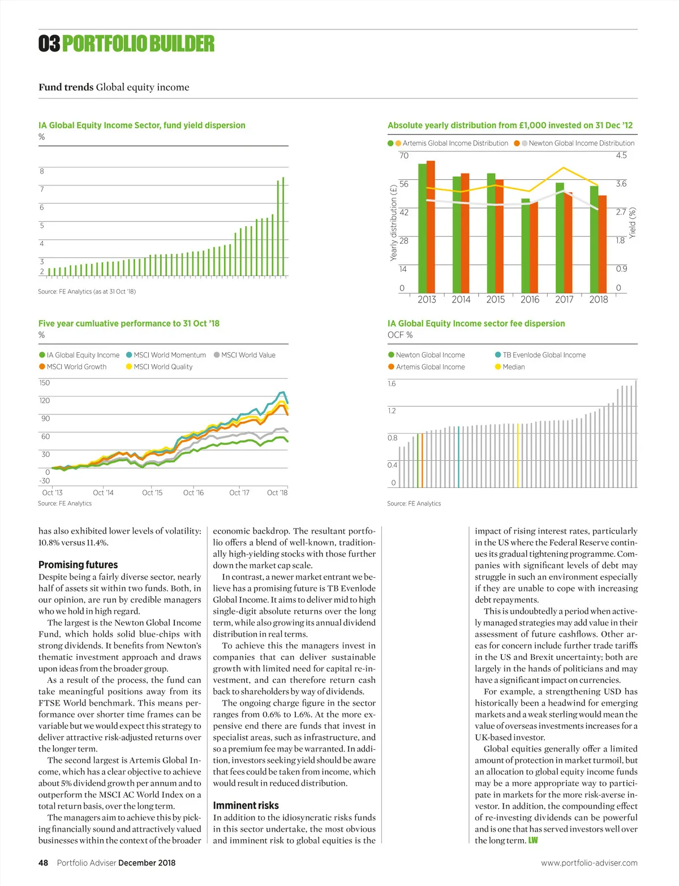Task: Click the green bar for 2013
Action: [422, 226]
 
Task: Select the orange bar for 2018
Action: [603, 243]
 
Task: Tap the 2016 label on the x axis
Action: [530, 300]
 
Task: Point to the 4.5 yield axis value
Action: [621, 155]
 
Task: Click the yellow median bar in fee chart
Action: [518, 455]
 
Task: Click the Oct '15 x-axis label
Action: [152, 493]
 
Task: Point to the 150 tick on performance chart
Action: [45, 383]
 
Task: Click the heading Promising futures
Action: [78, 565]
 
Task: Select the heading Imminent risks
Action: [246, 806]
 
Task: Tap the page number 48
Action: [43, 863]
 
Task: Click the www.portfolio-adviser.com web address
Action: [589, 863]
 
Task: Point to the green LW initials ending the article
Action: [533, 841]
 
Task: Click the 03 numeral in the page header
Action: [49, 44]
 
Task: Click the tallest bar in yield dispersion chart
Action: [283, 226]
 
